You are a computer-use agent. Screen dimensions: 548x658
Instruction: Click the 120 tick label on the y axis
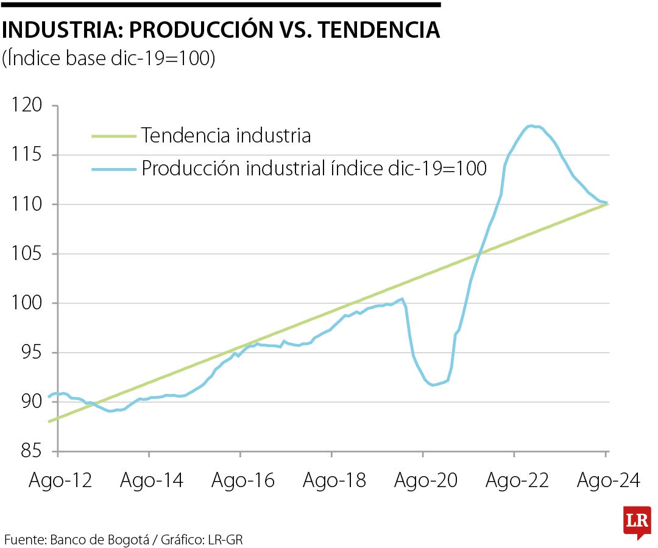(29, 106)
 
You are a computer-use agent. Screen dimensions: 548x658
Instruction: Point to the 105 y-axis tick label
(29, 254)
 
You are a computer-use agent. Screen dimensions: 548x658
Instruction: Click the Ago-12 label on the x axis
(60, 480)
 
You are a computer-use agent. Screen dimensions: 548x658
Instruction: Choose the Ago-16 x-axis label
(243, 480)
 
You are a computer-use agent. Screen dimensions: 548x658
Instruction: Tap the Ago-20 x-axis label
(426, 480)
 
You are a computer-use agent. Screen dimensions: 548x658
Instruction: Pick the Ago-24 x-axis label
(608, 480)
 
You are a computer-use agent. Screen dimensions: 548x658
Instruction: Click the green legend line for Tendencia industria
(113, 136)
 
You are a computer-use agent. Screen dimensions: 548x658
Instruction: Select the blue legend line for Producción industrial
(113, 169)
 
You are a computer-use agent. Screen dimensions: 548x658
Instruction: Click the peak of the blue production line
(531, 125)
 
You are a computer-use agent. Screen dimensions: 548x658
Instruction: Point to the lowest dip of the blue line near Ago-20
(433, 385)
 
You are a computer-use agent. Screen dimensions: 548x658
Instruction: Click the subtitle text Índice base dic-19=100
(109, 58)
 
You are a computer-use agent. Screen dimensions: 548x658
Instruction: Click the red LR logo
(637, 521)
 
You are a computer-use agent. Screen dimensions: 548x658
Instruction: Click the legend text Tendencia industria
(226, 135)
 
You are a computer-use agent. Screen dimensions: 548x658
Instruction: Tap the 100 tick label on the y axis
(29, 303)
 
